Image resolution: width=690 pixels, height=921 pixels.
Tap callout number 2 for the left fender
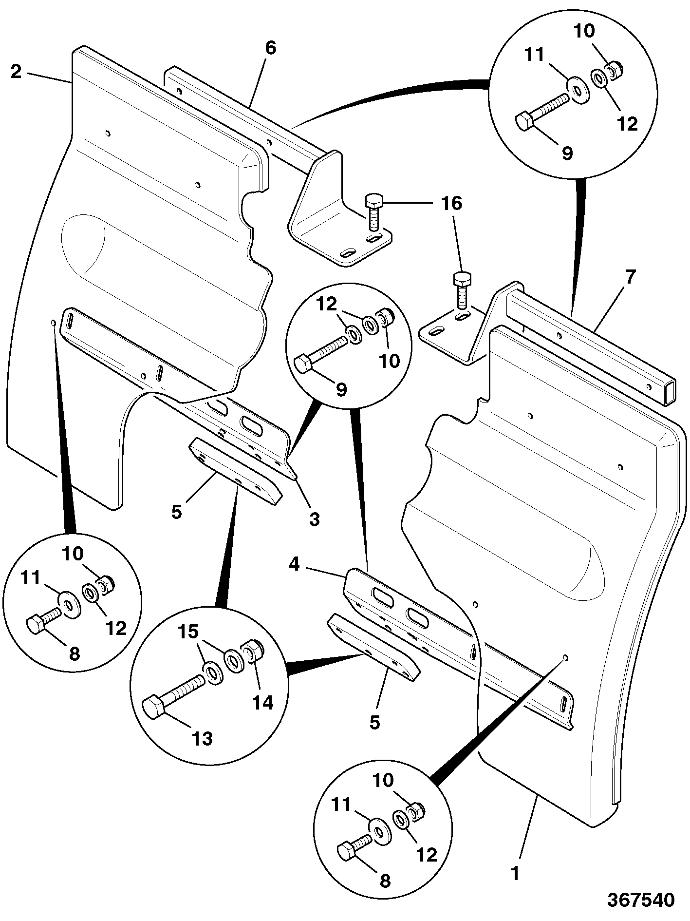(x=16, y=72)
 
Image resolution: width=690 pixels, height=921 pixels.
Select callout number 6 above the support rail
(x=270, y=48)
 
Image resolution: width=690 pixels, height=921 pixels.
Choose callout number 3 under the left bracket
(x=315, y=519)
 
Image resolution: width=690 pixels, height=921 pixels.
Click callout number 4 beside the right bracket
(x=294, y=564)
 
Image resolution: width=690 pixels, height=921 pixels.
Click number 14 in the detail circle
(x=262, y=702)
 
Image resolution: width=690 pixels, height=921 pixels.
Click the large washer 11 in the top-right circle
(x=578, y=90)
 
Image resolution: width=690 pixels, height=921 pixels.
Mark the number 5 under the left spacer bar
(x=177, y=512)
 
